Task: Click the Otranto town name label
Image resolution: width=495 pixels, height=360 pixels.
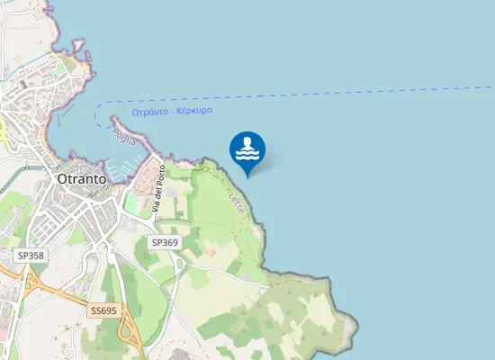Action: tap(81, 178)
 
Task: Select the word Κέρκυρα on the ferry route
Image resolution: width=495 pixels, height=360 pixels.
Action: tap(194, 110)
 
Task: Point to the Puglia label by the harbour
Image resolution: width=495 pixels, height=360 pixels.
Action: tap(124, 138)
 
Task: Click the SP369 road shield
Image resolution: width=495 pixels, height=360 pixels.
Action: tap(165, 242)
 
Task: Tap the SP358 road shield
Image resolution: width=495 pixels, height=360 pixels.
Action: tap(31, 256)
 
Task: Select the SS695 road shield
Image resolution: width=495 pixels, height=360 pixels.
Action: tap(103, 310)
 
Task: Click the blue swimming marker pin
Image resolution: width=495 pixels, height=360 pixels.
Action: tap(247, 149)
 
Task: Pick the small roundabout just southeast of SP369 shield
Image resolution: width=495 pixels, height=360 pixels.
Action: tap(180, 262)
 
